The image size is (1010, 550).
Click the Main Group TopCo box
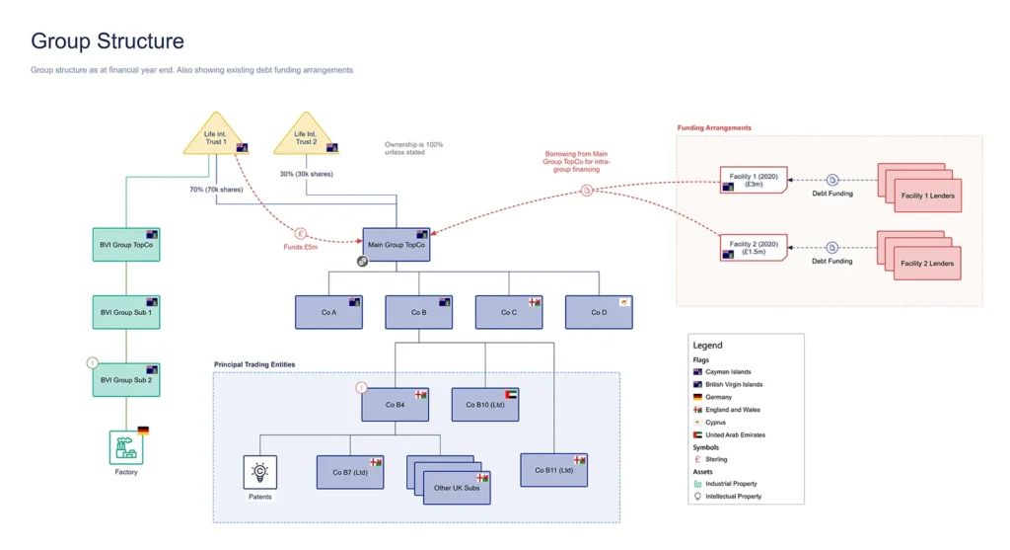point(397,244)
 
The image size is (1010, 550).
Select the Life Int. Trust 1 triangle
point(216,135)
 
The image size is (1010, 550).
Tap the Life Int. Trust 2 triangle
point(306,135)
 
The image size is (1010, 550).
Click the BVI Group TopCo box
point(126,244)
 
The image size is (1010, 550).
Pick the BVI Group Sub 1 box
point(126,312)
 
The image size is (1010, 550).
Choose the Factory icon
point(126,447)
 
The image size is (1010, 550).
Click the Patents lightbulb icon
point(260,472)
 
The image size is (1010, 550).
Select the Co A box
point(328,312)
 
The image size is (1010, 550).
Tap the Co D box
point(599,312)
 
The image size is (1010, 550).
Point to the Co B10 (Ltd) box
point(485,404)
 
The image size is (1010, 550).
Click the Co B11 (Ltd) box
point(554,470)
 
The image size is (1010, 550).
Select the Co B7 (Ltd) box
point(350,472)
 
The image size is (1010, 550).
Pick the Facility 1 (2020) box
point(754,180)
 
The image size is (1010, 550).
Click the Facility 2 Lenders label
point(927,263)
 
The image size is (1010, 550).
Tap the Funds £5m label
point(300,247)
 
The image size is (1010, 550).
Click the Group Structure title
point(108,40)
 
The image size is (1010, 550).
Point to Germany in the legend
point(718,397)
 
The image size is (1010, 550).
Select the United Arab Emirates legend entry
point(735,435)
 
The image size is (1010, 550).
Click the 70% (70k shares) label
point(216,190)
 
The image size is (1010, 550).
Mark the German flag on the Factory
point(143,431)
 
